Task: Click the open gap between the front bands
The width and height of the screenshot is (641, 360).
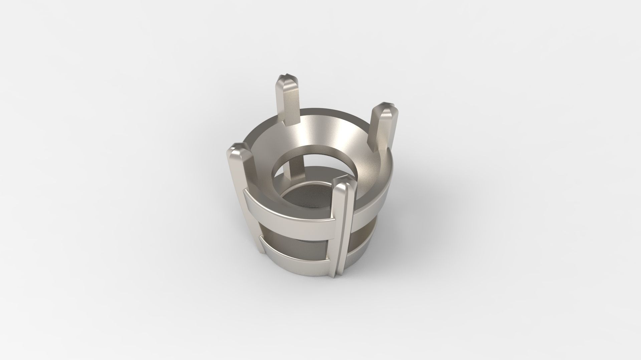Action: tap(294, 235)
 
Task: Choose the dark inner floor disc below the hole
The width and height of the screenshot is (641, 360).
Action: tap(300, 197)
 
